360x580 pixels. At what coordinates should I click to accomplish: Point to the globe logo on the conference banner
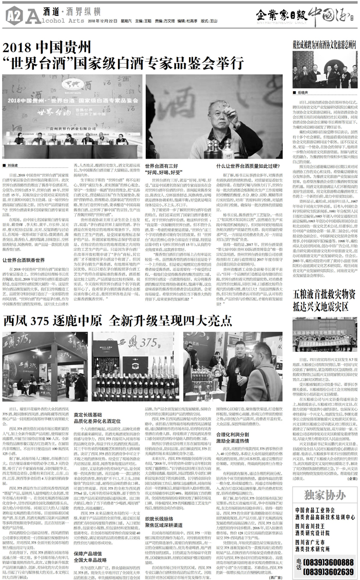(x=69, y=83)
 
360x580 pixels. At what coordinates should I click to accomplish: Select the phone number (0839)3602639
(x=332, y=567)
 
